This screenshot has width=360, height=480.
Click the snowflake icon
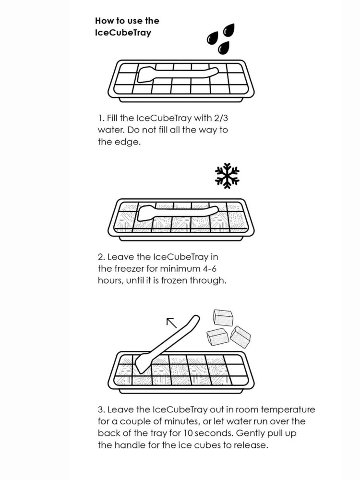pos(227,176)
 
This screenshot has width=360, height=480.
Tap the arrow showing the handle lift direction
pos(171,323)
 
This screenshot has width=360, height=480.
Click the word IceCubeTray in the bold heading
pos(123,33)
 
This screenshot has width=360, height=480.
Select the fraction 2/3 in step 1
pos(219,118)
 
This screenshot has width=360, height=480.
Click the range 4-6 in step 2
pos(210,269)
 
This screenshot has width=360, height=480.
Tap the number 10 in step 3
pos(188,433)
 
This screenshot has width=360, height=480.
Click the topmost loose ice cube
pos(223,317)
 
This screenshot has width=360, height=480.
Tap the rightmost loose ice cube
pos(240,337)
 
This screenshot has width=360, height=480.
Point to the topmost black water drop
pos(229,30)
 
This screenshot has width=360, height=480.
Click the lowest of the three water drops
pos(224,48)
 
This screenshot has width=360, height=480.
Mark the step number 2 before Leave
pos(101,257)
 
